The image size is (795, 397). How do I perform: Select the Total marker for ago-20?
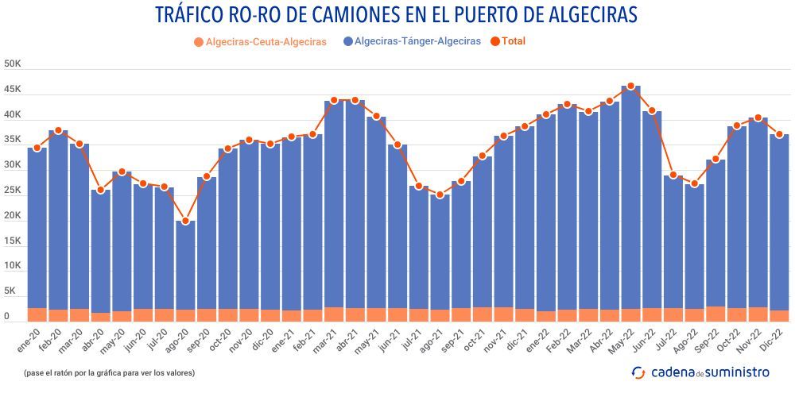(x=185, y=221)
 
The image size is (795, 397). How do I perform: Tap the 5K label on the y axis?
(x=12, y=291)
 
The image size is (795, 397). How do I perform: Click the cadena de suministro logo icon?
(x=638, y=372)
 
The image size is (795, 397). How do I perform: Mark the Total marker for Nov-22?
(x=758, y=118)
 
